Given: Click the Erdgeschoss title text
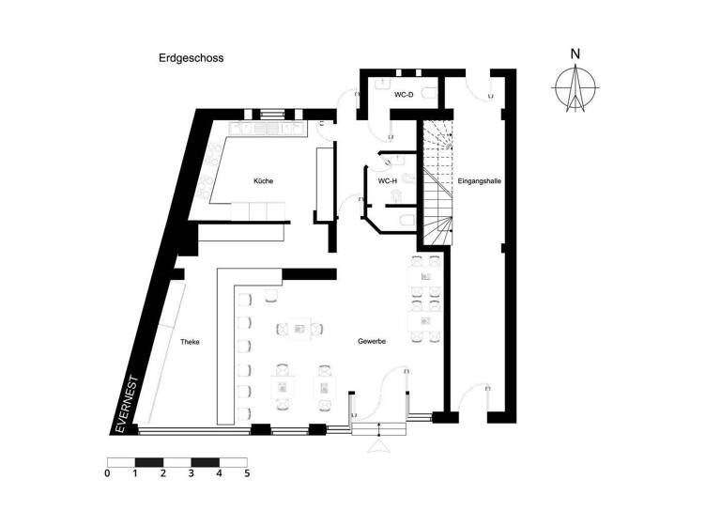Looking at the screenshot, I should click(191, 57).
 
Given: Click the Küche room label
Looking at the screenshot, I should click(263, 180).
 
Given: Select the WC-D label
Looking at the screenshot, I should click(404, 96).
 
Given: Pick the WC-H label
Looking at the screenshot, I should click(388, 180).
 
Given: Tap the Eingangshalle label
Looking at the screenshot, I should click(478, 180).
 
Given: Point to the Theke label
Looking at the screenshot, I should click(190, 342).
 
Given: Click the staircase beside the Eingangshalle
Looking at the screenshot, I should click(436, 183).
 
